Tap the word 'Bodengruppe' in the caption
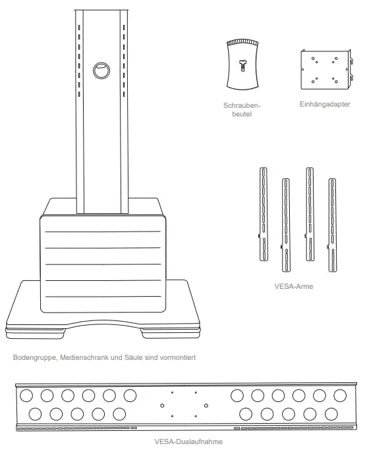34,358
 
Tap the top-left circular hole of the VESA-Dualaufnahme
27,396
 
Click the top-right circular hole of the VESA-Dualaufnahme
340,396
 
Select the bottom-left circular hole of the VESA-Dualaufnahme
35,414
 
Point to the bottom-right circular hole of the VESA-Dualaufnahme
332,414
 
